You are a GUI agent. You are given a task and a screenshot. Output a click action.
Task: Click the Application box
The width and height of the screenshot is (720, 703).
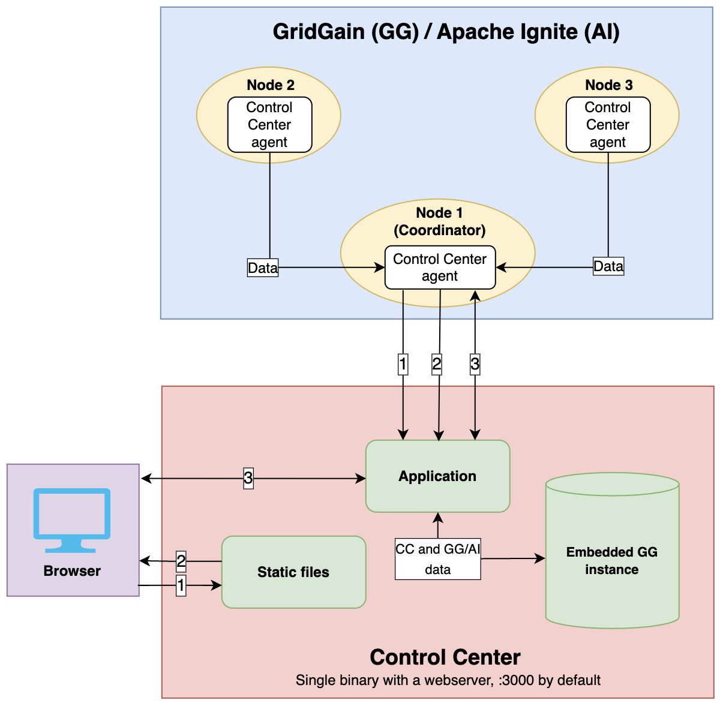437,476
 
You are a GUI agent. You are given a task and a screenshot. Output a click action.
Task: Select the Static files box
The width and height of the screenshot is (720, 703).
293,572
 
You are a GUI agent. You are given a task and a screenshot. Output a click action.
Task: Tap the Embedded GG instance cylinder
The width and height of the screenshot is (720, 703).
612,560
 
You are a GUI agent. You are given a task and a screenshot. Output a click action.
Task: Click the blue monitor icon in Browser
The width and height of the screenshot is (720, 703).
72,519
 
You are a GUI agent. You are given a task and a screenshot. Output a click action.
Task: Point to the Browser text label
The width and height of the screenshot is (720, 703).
72,571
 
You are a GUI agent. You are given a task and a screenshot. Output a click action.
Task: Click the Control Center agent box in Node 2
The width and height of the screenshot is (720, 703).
269,125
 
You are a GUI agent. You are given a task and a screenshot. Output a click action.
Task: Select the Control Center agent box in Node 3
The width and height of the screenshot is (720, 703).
608,125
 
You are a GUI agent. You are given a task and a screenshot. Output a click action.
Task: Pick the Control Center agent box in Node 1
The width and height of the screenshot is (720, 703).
440,268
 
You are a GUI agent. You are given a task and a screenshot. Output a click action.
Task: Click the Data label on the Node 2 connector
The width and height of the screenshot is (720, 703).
263,268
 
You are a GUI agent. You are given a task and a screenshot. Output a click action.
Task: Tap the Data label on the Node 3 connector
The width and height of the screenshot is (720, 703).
608,266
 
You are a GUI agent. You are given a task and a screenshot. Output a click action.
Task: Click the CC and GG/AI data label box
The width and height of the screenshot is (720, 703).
437,559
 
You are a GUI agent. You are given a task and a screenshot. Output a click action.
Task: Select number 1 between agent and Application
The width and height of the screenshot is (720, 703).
403,363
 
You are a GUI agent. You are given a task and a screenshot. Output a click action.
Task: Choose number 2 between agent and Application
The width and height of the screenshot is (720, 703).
437,363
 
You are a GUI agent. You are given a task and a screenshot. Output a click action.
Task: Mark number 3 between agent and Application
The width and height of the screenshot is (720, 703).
475,363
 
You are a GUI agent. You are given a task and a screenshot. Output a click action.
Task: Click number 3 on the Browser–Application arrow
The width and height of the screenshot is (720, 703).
248,478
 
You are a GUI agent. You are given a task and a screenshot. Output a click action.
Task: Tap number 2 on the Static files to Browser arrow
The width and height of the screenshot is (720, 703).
181,561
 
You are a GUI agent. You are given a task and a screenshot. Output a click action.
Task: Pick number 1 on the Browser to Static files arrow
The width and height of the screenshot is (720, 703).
181,585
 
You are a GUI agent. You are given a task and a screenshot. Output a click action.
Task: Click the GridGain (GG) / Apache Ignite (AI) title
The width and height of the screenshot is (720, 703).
446,32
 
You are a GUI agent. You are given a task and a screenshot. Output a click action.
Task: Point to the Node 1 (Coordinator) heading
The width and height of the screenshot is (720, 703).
440,222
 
